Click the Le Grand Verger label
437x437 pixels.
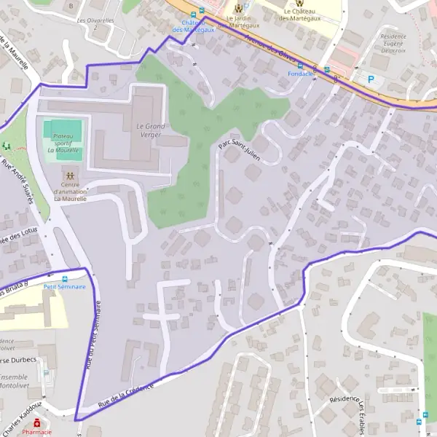click(x=151, y=130)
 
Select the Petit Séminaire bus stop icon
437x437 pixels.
click(x=65, y=277)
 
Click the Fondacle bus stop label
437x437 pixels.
click(x=300, y=74)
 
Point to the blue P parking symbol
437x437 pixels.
click(x=371, y=79)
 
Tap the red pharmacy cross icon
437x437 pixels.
click(x=37, y=422)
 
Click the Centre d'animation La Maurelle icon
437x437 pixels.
click(x=70, y=176)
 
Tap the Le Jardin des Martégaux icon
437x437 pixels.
click(x=239, y=6)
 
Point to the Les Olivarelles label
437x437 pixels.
click(x=95, y=20)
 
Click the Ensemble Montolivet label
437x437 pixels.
click(x=13, y=382)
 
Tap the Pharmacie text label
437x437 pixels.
click(x=36, y=432)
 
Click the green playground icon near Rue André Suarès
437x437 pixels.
click(x=6, y=146)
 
